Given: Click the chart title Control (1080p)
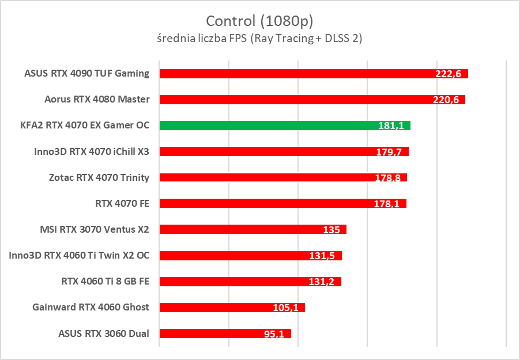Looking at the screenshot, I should point(259,21).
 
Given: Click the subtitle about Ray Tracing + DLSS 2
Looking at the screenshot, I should point(259,39).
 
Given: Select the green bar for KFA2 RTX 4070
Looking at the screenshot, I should point(285,126).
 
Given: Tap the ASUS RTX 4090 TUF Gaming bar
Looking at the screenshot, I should point(314,74).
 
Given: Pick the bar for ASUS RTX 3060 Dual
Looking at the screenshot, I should point(225,334).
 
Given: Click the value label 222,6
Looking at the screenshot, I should point(450,74).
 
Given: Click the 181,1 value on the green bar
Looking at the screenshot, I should point(392,126).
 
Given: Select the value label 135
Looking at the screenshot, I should point(331,230).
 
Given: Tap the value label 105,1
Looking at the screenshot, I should point(285,308).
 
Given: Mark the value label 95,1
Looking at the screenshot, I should point(273,334).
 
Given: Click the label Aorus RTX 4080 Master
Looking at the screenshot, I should point(97,99).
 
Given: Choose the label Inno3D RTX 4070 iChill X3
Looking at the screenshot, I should point(92,151).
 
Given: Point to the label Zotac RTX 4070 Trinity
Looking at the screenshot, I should point(99,177).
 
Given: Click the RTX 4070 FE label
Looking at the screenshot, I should point(122,203).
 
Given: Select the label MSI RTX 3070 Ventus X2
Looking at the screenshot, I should point(94,229).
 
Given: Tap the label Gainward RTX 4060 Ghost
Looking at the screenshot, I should point(91,307).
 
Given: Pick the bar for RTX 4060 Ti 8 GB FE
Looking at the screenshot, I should point(250,282).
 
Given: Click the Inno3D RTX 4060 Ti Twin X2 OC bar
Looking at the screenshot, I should point(250,256).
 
